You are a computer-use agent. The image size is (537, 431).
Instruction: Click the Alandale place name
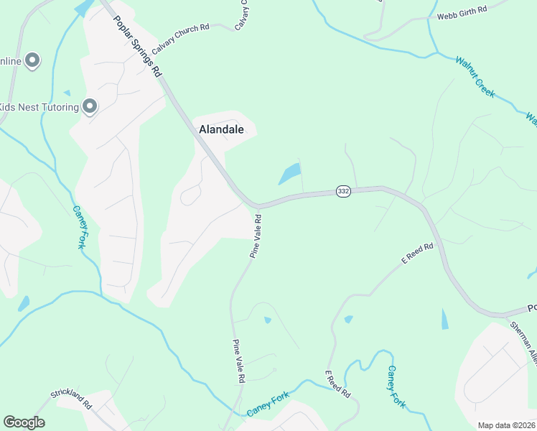[221, 130]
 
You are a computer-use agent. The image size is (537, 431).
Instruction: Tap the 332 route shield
[344, 192]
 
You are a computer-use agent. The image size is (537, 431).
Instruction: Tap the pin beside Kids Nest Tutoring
[90, 106]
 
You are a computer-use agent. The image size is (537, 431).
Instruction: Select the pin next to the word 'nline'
[32, 61]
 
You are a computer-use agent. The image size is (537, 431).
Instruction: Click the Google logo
[24, 422]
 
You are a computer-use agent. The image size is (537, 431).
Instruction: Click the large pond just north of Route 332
[289, 174]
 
